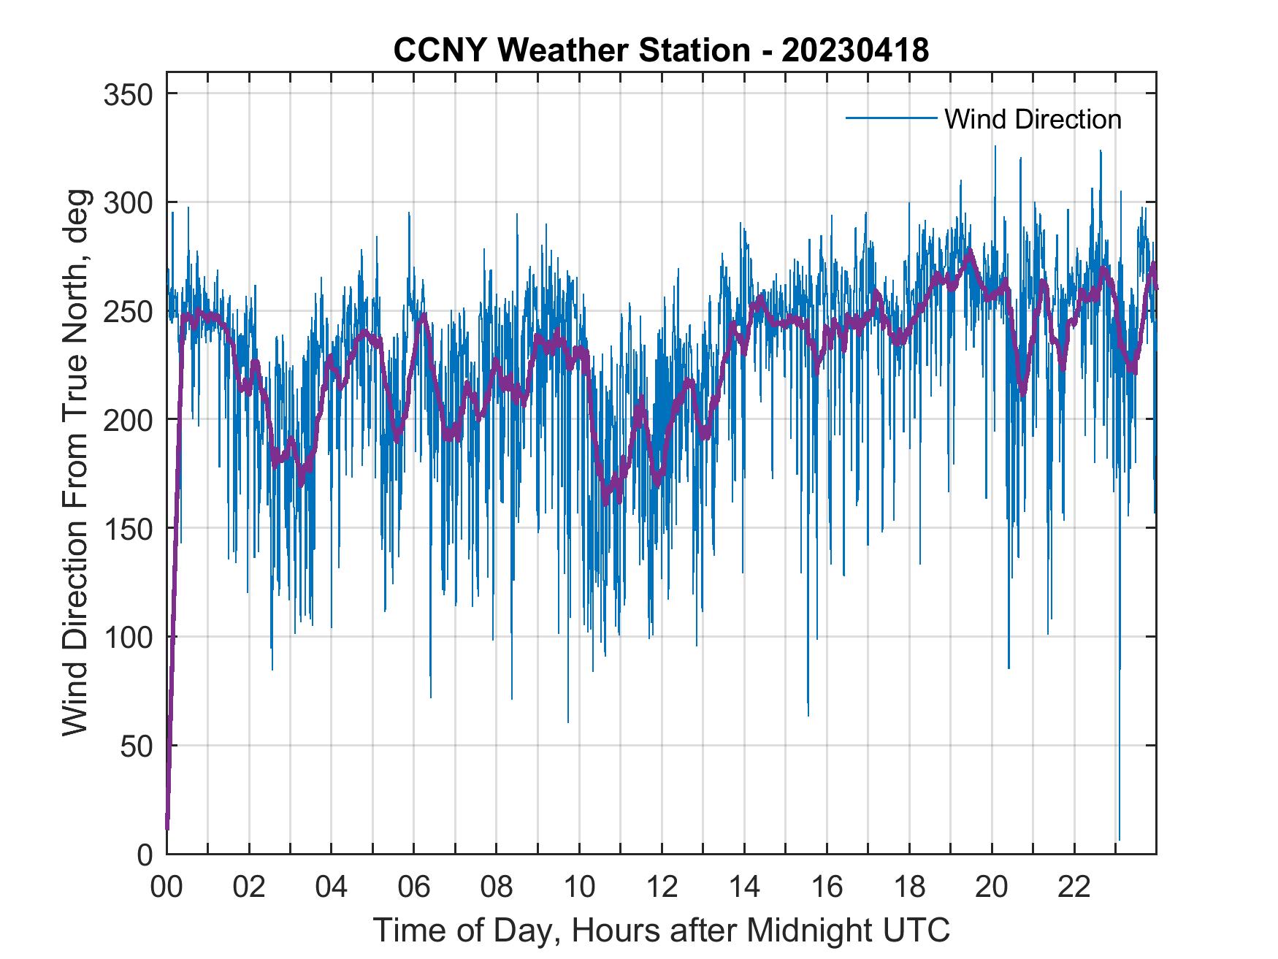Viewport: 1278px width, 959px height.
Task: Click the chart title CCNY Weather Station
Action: click(571, 50)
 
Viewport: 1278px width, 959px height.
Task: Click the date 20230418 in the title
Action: click(855, 50)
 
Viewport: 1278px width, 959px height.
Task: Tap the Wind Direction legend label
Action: click(1033, 119)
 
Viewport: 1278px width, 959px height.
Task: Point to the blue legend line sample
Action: click(890, 118)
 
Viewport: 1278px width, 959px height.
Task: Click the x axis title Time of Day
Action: click(661, 930)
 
